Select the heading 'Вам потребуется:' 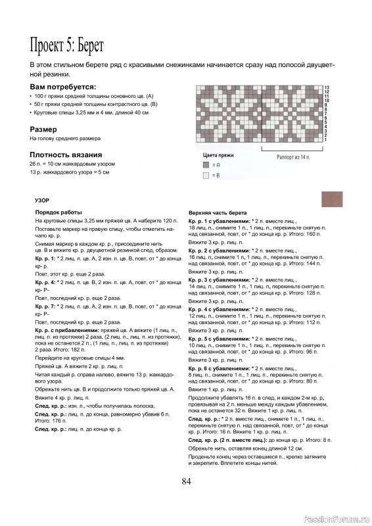coord(63,87)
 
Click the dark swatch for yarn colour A coord(206,166)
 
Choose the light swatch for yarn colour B coord(206,176)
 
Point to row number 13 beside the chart coord(325,87)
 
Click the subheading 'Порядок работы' coord(58,212)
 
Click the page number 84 coord(186,481)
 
